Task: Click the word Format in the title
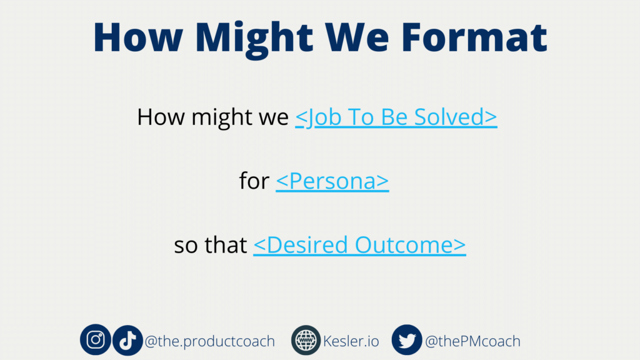click(x=474, y=37)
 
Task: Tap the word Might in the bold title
click(x=254, y=39)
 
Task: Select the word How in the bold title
click(x=138, y=37)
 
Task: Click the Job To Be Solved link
click(x=396, y=117)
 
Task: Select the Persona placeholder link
click(x=332, y=181)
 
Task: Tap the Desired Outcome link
click(x=359, y=245)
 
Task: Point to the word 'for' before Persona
click(x=254, y=181)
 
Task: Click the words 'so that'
click(x=210, y=245)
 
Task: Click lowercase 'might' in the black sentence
click(x=222, y=118)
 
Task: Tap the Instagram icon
click(x=96, y=339)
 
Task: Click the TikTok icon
click(x=127, y=340)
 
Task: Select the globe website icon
click(x=306, y=340)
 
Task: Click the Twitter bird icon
click(x=407, y=340)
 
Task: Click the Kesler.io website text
click(x=351, y=341)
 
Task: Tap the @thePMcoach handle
click(x=472, y=341)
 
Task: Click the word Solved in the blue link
click(x=456, y=117)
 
